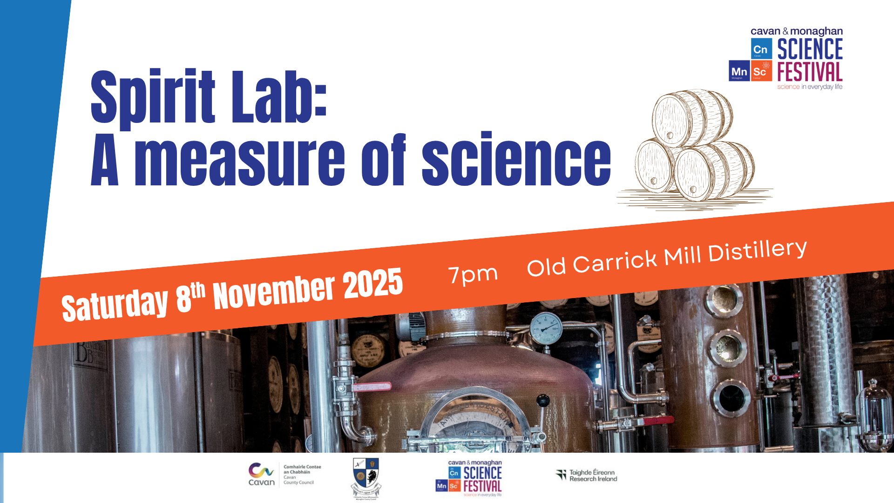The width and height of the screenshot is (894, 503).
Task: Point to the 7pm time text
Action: pyautogui.click(x=473, y=274)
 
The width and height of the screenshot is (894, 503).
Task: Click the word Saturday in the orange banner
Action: pyautogui.click(x=115, y=305)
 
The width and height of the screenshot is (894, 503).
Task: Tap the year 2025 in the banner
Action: pyautogui.click(x=372, y=283)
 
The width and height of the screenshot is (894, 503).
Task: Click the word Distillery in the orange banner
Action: pyautogui.click(x=757, y=251)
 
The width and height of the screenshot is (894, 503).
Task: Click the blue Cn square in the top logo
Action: pyautogui.click(x=761, y=49)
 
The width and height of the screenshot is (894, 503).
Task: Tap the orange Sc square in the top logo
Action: pyautogui.click(x=761, y=71)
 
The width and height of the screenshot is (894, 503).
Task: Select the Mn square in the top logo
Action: pyautogui.click(x=739, y=71)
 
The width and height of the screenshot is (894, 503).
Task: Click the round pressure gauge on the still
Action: pyautogui.click(x=546, y=328)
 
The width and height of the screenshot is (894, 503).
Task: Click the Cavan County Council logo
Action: pyautogui.click(x=284, y=475)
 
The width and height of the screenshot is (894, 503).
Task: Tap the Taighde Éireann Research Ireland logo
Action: pyautogui.click(x=587, y=476)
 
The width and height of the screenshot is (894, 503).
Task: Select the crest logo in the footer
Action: pyautogui.click(x=366, y=477)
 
